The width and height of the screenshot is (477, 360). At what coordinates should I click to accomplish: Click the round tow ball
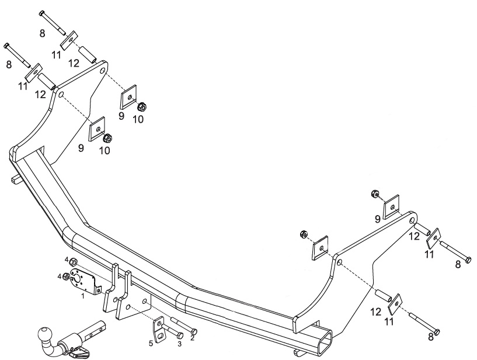44,335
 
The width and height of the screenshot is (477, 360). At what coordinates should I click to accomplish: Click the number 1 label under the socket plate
83,296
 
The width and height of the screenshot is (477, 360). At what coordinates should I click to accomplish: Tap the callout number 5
151,343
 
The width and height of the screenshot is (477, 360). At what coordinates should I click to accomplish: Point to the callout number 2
193,337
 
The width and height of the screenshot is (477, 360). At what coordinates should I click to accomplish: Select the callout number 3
179,343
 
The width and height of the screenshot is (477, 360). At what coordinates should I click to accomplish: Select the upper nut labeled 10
141,107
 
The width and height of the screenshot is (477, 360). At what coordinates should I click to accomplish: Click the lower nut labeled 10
107,139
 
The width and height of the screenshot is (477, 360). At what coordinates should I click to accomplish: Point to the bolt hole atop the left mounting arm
102,71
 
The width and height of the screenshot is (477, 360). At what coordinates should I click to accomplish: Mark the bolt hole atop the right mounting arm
413,220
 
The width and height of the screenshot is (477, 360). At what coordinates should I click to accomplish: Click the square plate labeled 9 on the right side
391,206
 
